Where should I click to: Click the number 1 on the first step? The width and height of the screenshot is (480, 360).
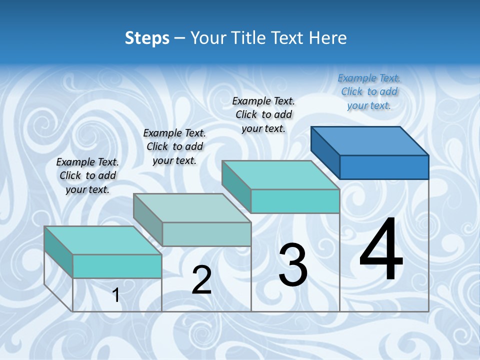pyautogui.click(x=116, y=295)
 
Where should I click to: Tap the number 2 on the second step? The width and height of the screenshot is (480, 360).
pyautogui.click(x=201, y=280)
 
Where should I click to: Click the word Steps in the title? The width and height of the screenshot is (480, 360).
pyautogui.click(x=147, y=38)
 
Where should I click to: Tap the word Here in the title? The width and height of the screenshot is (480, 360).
pyautogui.click(x=329, y=38)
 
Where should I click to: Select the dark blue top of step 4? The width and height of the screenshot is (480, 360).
pyautogui.click(x=370, y=140)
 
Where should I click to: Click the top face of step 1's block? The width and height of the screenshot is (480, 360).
pyautogui.click(x=103, y=240)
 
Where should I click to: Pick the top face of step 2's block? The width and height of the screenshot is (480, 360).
pyautogui.click(x=192, y=207)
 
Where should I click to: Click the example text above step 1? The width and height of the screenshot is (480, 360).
pyautogui.click(x=87, y=175)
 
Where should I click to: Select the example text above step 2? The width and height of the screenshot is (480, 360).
pyautogui.click(x=174, y=146)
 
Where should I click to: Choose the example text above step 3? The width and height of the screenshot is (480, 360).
pyautogui.click(x=263, y=114)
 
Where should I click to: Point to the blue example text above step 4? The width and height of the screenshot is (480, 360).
pyautogui.click(x=369, y=91)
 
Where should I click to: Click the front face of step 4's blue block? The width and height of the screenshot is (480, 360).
pyautogui.click(x=384, y=167)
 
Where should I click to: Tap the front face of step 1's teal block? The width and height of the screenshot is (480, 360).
pyautogui.click(x=117, y=266)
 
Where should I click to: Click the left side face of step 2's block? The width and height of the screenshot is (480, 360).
pyautogui.click(x=148, y=220)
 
